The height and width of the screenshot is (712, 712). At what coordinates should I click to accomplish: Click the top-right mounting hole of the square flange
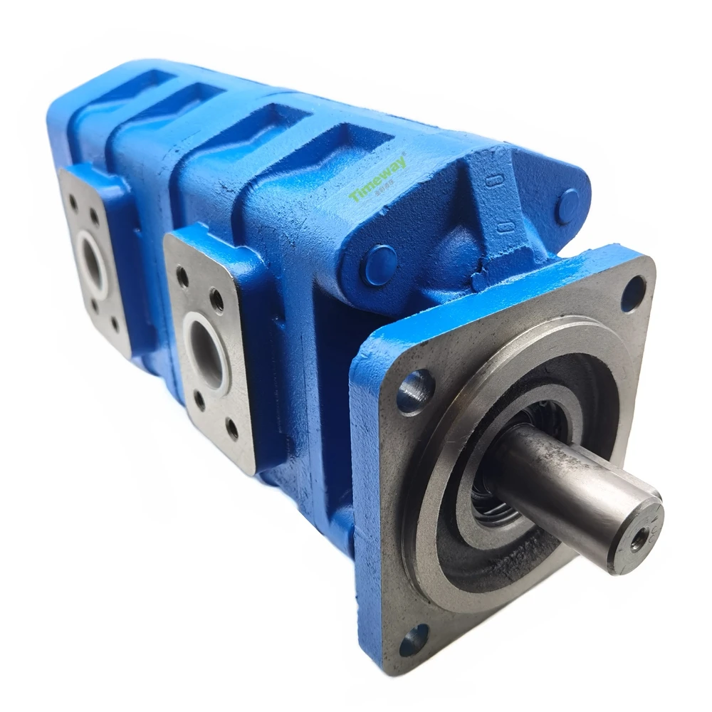(633, 293)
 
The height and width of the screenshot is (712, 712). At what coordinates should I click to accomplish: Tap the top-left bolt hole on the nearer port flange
(183, 276)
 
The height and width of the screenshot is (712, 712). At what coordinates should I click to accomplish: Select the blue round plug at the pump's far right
(567, 206)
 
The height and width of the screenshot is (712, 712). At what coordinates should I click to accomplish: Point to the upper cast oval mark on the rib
(491, 179)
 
